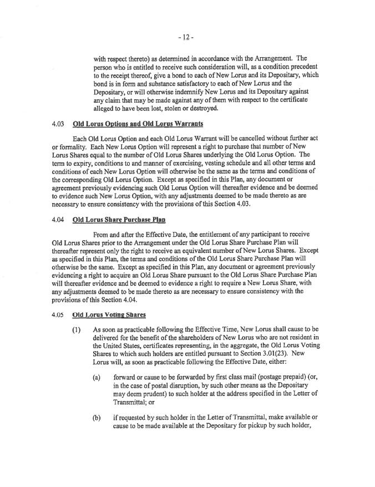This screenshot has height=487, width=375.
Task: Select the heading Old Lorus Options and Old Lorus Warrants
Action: click(138, 123)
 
